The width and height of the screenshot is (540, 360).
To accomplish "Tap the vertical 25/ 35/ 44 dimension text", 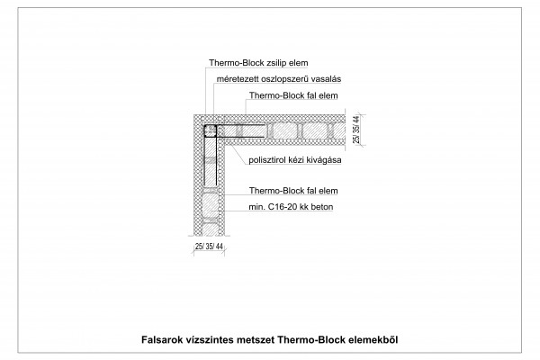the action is pyautogui.click(x=356, y=130).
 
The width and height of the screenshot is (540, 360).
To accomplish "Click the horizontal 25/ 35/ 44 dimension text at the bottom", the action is pyautogui.click(x=209, y=247).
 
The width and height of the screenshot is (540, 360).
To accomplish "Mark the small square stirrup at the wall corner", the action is pyautogui.click(x=210, y=130).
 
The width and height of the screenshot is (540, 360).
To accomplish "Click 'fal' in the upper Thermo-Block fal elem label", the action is pyautogui.click(x=312, y=95).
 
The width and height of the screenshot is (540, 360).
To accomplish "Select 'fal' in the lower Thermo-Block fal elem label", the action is pyautogui.click(x=312, y=191).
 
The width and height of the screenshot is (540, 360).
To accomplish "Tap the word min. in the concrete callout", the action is pyautogui.click(x=256, y=207).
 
